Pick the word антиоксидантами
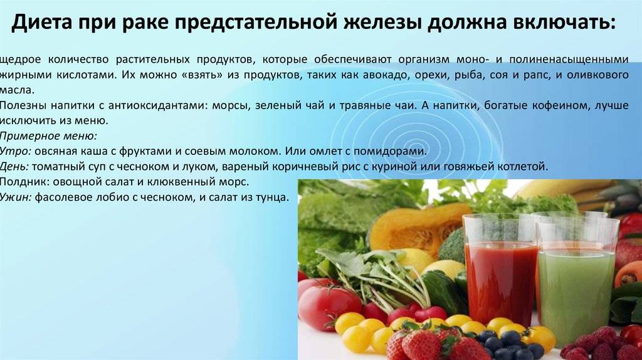(x=159, y=106)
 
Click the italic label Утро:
(x=16, y=152)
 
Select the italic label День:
(x=14, y=167)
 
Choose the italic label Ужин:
(x=16, y=198)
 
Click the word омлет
(x=318, y=152)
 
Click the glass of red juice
(x=500, y=278)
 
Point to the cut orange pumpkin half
(x=414, y=230)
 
